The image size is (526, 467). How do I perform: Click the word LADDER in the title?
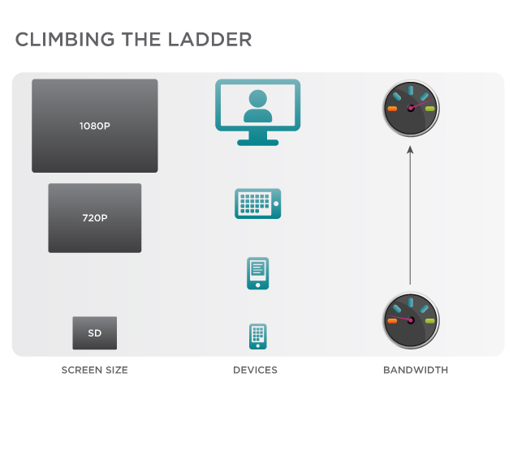click(209, 40)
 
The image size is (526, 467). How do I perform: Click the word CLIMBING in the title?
click(65, 40)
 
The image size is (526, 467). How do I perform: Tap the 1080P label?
click(95, 126)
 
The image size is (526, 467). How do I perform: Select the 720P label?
click(95, 218)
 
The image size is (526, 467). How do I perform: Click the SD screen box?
click(95, 333)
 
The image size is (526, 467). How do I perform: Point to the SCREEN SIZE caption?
click(95, 371)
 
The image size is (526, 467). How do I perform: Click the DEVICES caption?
click(255, 371)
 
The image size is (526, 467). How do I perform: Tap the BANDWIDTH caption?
click(416, 371)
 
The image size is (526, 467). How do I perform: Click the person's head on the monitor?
click(258, 99)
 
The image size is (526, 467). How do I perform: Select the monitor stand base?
click(258, 143)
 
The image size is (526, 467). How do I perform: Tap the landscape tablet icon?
click(258, 204)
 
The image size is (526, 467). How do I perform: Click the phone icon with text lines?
click(258, 273)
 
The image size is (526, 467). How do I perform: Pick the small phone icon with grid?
click(258, 336)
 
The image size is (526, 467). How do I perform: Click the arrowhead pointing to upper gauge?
click(410, 150)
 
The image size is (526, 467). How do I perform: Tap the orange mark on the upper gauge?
click(392, 109)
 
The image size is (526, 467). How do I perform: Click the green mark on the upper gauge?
click(429, 109)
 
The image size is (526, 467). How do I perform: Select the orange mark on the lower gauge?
click(392, 321)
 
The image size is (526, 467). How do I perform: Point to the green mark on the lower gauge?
click(429, 321)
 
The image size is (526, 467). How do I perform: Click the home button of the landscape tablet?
click(276, 204)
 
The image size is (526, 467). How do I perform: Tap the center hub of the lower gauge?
click(411, 320)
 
